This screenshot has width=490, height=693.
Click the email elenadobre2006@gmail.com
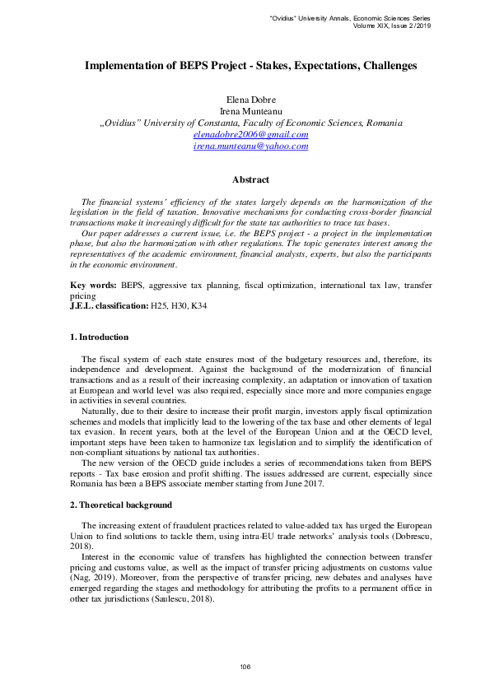click(x=250, y=134)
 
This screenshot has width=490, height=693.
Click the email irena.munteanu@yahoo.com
click(x=250, y=146)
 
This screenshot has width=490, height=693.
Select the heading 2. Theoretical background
click(x=120, y=505)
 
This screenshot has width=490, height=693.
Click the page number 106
click(x=245, y=666)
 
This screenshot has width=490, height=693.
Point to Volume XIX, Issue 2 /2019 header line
click(x=390, y=26)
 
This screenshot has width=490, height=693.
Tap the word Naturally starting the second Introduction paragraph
click(x=100, y=409)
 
